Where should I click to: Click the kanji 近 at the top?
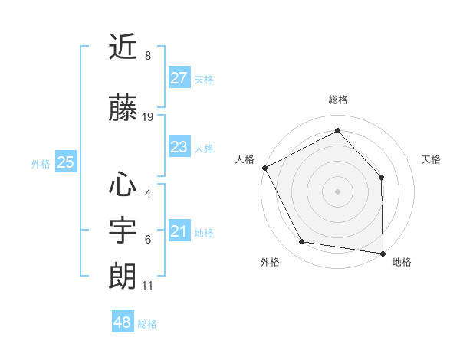click(123, 47)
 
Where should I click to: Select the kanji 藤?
click(123, 108)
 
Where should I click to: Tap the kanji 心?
click(123, 185)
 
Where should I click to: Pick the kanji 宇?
click(123, 231)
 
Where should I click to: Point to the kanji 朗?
click(123, 276)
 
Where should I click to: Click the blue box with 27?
click(179, 78)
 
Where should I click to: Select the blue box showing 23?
click(179, 147)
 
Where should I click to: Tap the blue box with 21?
click(179, 231)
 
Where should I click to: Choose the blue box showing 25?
click(65, 162)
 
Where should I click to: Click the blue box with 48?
click(123, 322)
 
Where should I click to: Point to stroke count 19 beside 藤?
click(148, 117)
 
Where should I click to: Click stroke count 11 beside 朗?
click(148, 286)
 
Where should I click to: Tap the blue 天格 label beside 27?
click(204, 80)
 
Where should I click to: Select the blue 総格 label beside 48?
click(147, 324)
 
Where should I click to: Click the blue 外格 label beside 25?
click(41, 163)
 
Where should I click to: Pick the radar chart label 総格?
click(337, 100)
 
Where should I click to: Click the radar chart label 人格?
click(245, 159)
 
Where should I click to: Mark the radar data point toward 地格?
click(383, 253)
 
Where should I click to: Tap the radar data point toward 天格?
click(382, 177)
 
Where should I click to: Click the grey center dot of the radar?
click(337, 191)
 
